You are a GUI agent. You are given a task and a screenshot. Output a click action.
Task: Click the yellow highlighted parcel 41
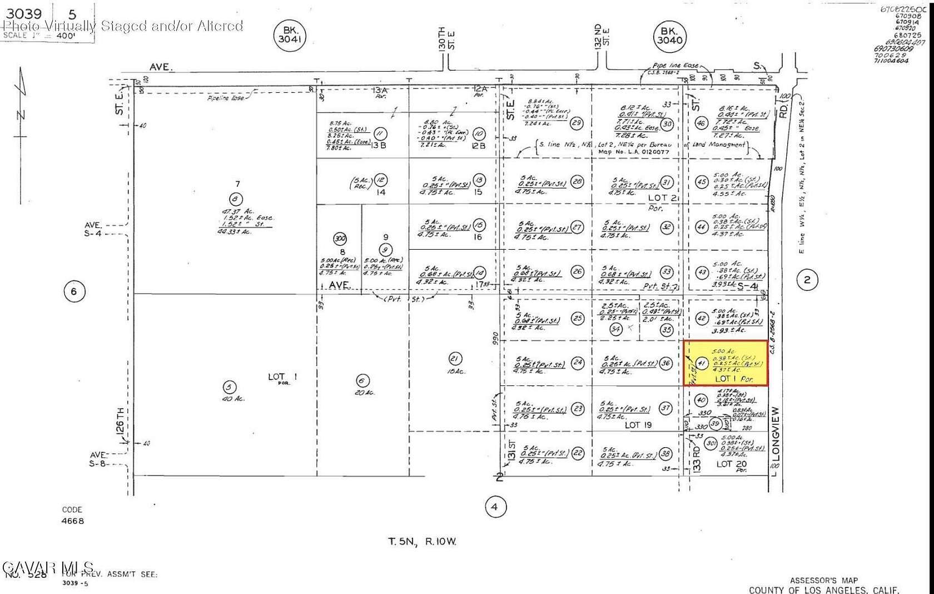tap(726, 363)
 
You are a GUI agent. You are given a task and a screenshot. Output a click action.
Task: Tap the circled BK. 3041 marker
tap(290, 35)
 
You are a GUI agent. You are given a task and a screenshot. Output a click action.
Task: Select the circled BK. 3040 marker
tap(669, 35)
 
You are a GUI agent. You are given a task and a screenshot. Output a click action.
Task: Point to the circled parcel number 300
tap(339, 239)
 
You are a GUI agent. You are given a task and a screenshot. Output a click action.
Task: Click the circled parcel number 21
tap(455, 358)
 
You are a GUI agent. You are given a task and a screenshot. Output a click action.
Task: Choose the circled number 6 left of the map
tap(74, 291)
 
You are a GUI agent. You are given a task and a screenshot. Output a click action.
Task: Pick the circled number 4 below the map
tap(495, 507)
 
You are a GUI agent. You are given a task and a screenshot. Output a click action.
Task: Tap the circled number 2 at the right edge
tap(807, 280)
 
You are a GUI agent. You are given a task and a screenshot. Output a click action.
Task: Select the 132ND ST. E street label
tap(602, 37)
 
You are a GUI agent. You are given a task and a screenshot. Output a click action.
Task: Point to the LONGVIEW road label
tap(776, 434)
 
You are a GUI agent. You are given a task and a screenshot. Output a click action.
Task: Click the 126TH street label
tap(122, 425)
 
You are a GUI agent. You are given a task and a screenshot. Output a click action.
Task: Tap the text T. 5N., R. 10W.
tap(422, 541)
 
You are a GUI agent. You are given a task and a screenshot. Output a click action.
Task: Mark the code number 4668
tap(73, 521)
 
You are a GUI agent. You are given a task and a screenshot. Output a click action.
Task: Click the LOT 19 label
tap(638, 425)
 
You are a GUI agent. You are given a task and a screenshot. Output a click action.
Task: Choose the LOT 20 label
tap(731, 464)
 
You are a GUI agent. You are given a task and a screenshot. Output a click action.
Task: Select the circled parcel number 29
tap(577, 123)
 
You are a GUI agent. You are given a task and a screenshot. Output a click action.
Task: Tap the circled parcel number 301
tap(710, 443)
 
